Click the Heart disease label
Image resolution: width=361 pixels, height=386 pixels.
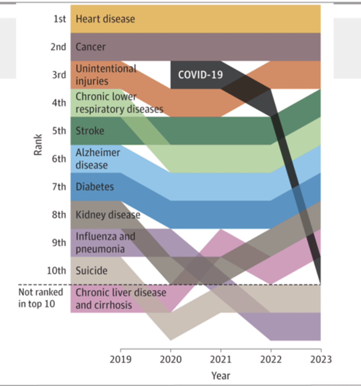click(105, 19)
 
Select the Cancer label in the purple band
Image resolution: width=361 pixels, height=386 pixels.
click(90, 47)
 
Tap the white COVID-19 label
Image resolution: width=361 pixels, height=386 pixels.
click(200, 75)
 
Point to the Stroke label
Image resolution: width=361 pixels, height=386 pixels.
click(90, 131)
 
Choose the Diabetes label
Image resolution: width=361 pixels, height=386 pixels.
click(95, 187)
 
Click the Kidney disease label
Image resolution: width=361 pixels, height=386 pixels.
click(108, 215)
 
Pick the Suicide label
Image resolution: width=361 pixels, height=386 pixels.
click(91, 271)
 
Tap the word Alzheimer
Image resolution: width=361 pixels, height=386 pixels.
click(98, 152)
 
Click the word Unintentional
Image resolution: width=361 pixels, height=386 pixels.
click(106, 69)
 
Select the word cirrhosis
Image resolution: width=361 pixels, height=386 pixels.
click(113, 305)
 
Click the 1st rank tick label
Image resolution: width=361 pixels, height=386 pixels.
click(60, 19)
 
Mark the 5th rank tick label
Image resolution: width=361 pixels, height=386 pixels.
click(59, 131)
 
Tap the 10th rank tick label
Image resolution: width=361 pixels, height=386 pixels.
click(56, 271)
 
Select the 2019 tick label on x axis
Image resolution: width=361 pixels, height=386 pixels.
click(120, 359)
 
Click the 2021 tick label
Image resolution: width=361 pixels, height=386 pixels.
click(220, 359)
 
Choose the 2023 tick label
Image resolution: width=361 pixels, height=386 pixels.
click(321, 359)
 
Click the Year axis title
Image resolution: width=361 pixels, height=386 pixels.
click(220, 376)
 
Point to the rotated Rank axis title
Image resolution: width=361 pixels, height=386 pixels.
click(38, 145)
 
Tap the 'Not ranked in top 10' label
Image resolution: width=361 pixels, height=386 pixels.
click(40, 298)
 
